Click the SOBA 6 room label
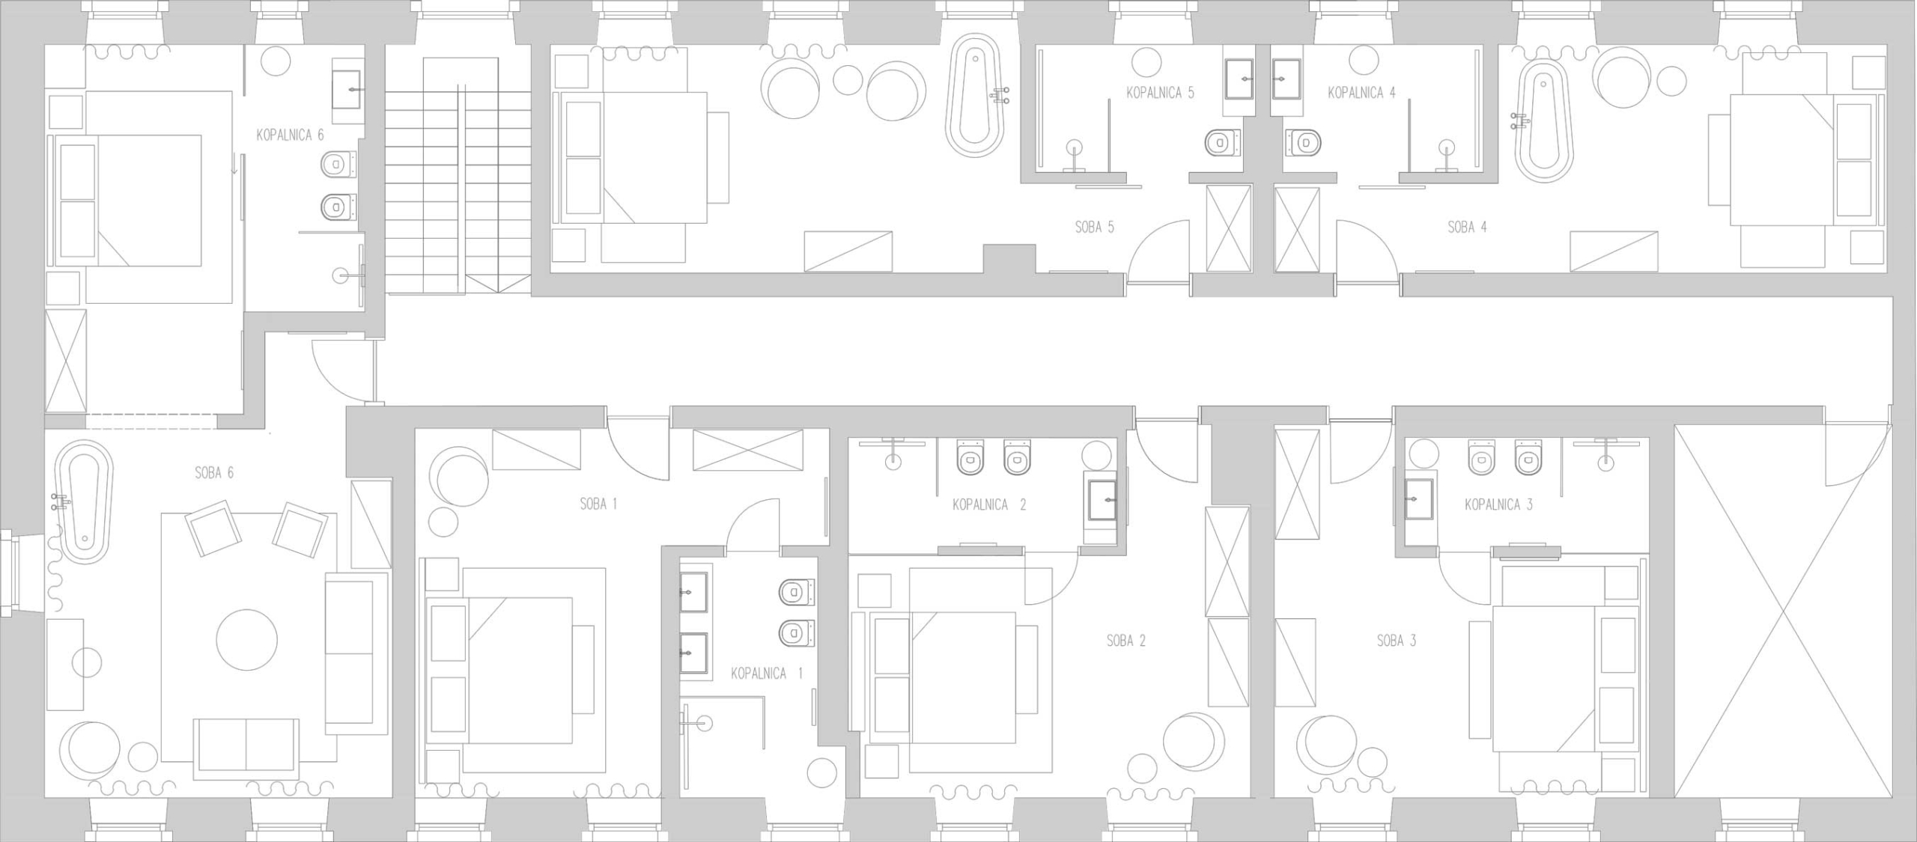click(x=214, y=473)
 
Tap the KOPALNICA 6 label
click(x=290, y=135)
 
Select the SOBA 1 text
click(x=598, y=504)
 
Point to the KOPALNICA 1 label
click(x=766, y=674)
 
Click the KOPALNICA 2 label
click(x=989, y=504)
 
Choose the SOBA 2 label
click(x=1126, y=641)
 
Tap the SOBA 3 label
click(x=1397, y=641)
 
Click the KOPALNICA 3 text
click(x=1498, y=504)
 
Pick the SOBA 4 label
click(x=1467, y=227)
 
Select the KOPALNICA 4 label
click(x=1361, y=94)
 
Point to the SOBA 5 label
click(x=1095, y=227)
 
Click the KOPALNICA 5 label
click(x=1160, y=93)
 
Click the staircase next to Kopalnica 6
click(x=458, y=176)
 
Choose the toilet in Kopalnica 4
click(x=1304, y=141)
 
